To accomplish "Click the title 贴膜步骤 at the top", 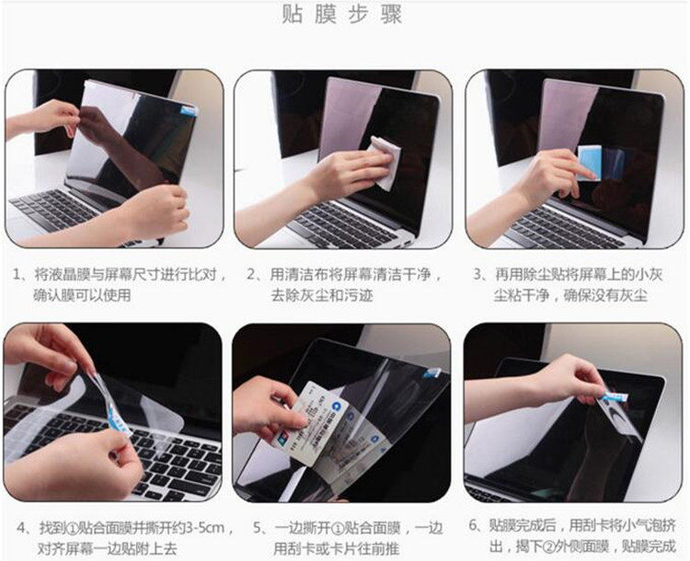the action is point(342,14).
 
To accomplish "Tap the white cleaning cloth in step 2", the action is point(385,162).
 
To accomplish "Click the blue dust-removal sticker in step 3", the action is point(590,162).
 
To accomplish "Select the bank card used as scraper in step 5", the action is point(311,421).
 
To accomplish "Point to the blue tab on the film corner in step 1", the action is point(189,110).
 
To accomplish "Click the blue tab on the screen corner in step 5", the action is point(432,372).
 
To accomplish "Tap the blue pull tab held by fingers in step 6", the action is point(615,397).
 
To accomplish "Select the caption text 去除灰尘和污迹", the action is point(322,295).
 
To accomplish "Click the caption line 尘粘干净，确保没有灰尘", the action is point(570,295).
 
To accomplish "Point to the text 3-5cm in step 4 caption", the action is point(205,527).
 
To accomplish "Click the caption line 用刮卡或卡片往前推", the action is point(336,548).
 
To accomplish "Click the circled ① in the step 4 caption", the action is point(74,528).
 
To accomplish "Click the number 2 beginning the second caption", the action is point(251,275).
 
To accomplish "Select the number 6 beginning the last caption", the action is point(473,525).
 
